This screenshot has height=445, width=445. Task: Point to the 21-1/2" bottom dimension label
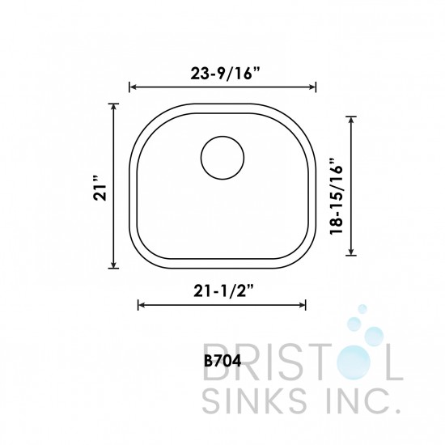coord(222,289)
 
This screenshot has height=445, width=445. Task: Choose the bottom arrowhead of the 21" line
coord(114,267)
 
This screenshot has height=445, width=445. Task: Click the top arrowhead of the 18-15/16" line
coord(350,118)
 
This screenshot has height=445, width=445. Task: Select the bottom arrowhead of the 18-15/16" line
coord(350,252)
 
